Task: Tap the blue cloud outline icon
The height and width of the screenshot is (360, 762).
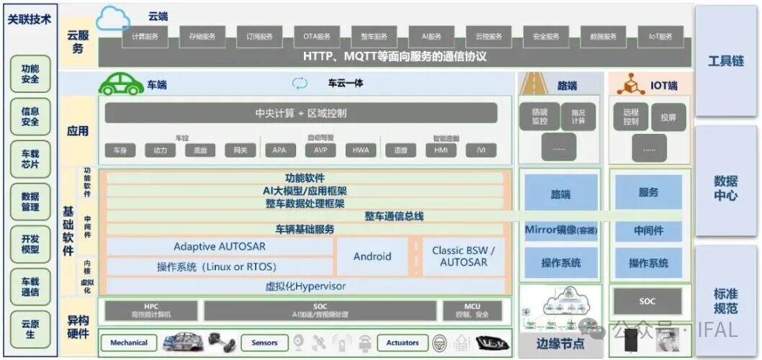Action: pyautogui.click(x=111, y=18)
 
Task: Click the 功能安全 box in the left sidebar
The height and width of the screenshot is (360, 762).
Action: pyautogui.click(x=30, y=73)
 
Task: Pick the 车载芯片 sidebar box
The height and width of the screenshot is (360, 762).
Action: pyautogui.click(x=30, y=159)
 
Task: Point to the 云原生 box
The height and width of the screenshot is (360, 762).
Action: pyautogui.click(x=30, y=329)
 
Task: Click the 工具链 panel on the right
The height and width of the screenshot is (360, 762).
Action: pyautogui.click(x=725, y=60)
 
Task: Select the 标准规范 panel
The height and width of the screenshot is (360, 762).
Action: pyautogui.click(x=725, y=301)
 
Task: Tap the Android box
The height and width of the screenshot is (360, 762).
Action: pyautogui.click(x=372, y=256)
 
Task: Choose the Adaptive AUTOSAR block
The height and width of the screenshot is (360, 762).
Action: pyautogui.click(x=220, y=247)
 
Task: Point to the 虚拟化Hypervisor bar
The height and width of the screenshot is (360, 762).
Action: pyautogui.click(x=305, y=286)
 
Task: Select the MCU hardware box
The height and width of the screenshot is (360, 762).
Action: pyautogui.click(x=472, y=310)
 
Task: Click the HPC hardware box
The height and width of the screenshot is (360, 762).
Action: pyautogui.click(x=151, y=310)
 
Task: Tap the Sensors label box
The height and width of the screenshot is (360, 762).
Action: pyautogui.click(x=264, y=343)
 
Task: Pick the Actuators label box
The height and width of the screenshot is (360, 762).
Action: pyautogui.click(x=403, y=343)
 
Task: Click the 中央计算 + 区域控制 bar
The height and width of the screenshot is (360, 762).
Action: pyautogui.click(x=301, y=113)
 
